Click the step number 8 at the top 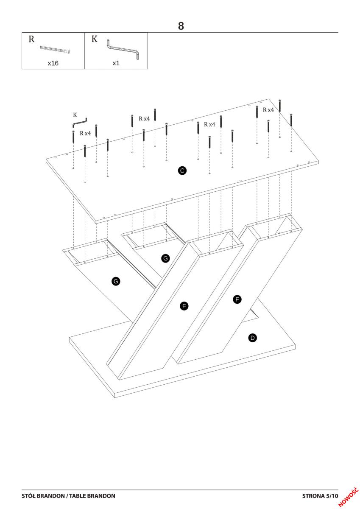point(181,26)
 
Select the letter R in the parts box point(31,39)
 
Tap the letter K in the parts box point(94,39)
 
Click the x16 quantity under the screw point(53,63)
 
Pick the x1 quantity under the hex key point(116,63)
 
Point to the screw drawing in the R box point(55,49)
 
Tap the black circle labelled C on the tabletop point(182,171)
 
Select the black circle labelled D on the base point(252,338)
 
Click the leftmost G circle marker point(116,281)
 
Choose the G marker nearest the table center point(165,258)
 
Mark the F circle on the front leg point(184,306)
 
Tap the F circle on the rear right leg point(237,299)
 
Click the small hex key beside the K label point(80,123)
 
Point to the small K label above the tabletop point(75,115)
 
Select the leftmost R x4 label point(85,133)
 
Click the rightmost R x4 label point(268,110)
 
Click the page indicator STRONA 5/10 point(320,496)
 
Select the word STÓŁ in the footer point(28,496)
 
